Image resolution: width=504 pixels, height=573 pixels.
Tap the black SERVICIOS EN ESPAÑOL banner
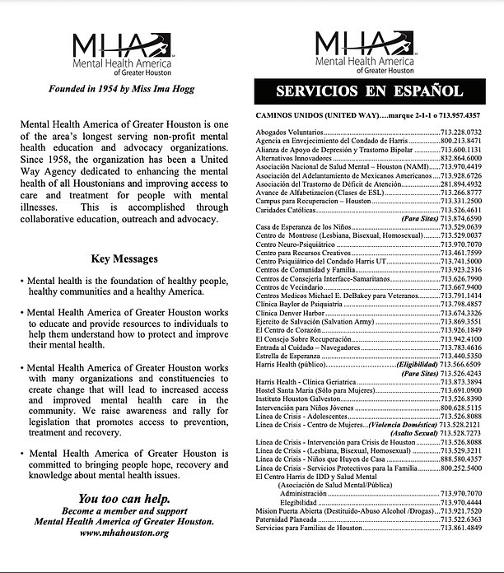(380, 91)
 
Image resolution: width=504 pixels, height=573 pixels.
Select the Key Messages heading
(125, 259)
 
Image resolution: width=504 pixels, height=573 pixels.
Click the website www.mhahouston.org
(125, 533)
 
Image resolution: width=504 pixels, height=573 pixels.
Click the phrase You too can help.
(124, 499)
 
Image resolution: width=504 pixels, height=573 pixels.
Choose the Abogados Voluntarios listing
(289, 133)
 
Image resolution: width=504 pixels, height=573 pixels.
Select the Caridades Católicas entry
(285, 210)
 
